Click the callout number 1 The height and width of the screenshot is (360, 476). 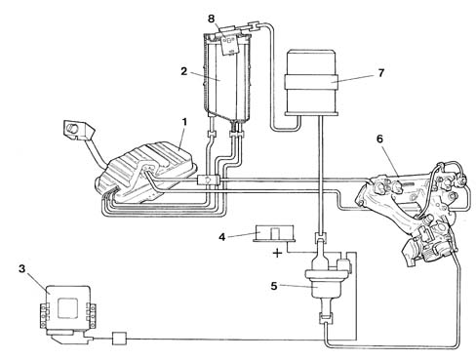coord(184,122)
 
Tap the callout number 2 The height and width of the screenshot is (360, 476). coord(184,71)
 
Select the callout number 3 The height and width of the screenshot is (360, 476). coord(21,269)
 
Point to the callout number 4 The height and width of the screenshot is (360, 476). coord(221,237)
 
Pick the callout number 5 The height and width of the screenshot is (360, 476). coord(274,286)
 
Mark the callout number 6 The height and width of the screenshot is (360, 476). coord(379,139)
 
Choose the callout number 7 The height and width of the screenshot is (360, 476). coord(381,73)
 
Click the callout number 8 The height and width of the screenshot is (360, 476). coord(212,19)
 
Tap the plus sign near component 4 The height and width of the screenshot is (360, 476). coord(277,253)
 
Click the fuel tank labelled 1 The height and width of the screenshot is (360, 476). coord(146,174)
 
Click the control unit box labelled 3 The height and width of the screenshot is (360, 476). coord(67,308)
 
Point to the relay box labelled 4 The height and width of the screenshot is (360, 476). coord(274,233)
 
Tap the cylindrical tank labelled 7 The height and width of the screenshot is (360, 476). coord(311,83)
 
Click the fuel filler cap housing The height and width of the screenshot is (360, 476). coord(77,129)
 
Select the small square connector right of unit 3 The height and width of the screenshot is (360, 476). coord(119,339)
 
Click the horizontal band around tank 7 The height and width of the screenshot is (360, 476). coord(311,82)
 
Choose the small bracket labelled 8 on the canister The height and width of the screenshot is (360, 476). coord(230,42)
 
